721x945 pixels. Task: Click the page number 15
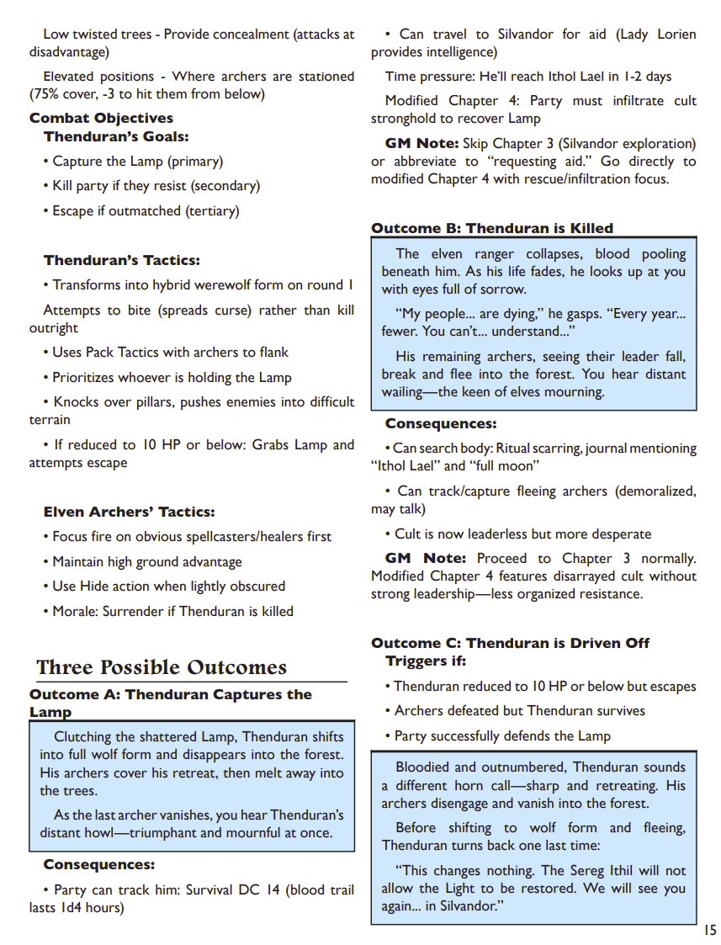710,930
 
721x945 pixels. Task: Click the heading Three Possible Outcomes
162,667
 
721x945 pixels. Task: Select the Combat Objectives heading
101,118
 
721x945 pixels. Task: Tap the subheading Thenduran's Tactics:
122,260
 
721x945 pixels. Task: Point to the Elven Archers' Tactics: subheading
130,512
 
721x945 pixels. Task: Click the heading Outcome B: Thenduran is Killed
492,228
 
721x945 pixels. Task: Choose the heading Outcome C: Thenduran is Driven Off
511,643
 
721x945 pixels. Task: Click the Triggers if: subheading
426,661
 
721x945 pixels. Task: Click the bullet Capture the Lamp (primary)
132,161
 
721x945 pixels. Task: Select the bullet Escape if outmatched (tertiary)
140,210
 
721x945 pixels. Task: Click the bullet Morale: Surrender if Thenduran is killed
167,611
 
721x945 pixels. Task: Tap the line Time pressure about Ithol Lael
528,77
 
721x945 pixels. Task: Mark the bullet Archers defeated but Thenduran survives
519,710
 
